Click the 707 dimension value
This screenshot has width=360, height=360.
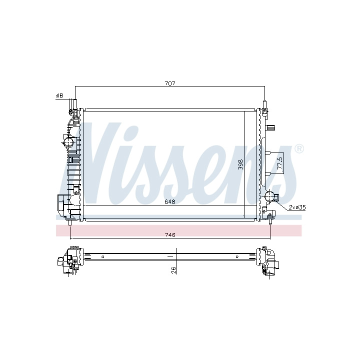170,83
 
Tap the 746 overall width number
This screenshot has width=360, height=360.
170,235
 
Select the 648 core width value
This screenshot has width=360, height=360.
170,202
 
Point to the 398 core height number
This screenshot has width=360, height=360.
240,164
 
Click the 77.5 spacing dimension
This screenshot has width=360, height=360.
280,163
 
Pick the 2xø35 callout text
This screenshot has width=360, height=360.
297,207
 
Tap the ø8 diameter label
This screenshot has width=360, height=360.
59,95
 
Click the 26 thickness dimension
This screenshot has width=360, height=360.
173,270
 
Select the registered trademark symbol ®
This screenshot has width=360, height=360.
298,149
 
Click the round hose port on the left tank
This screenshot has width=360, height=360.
68,142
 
